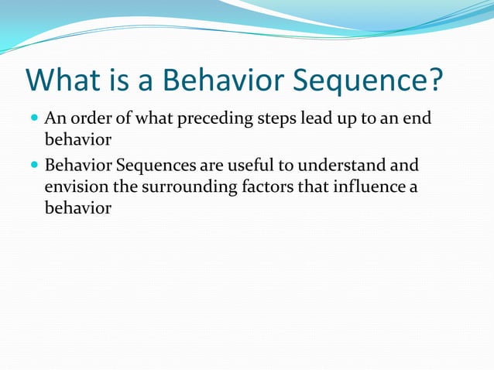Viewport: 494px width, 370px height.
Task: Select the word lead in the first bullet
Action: click(x=323, y=119)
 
